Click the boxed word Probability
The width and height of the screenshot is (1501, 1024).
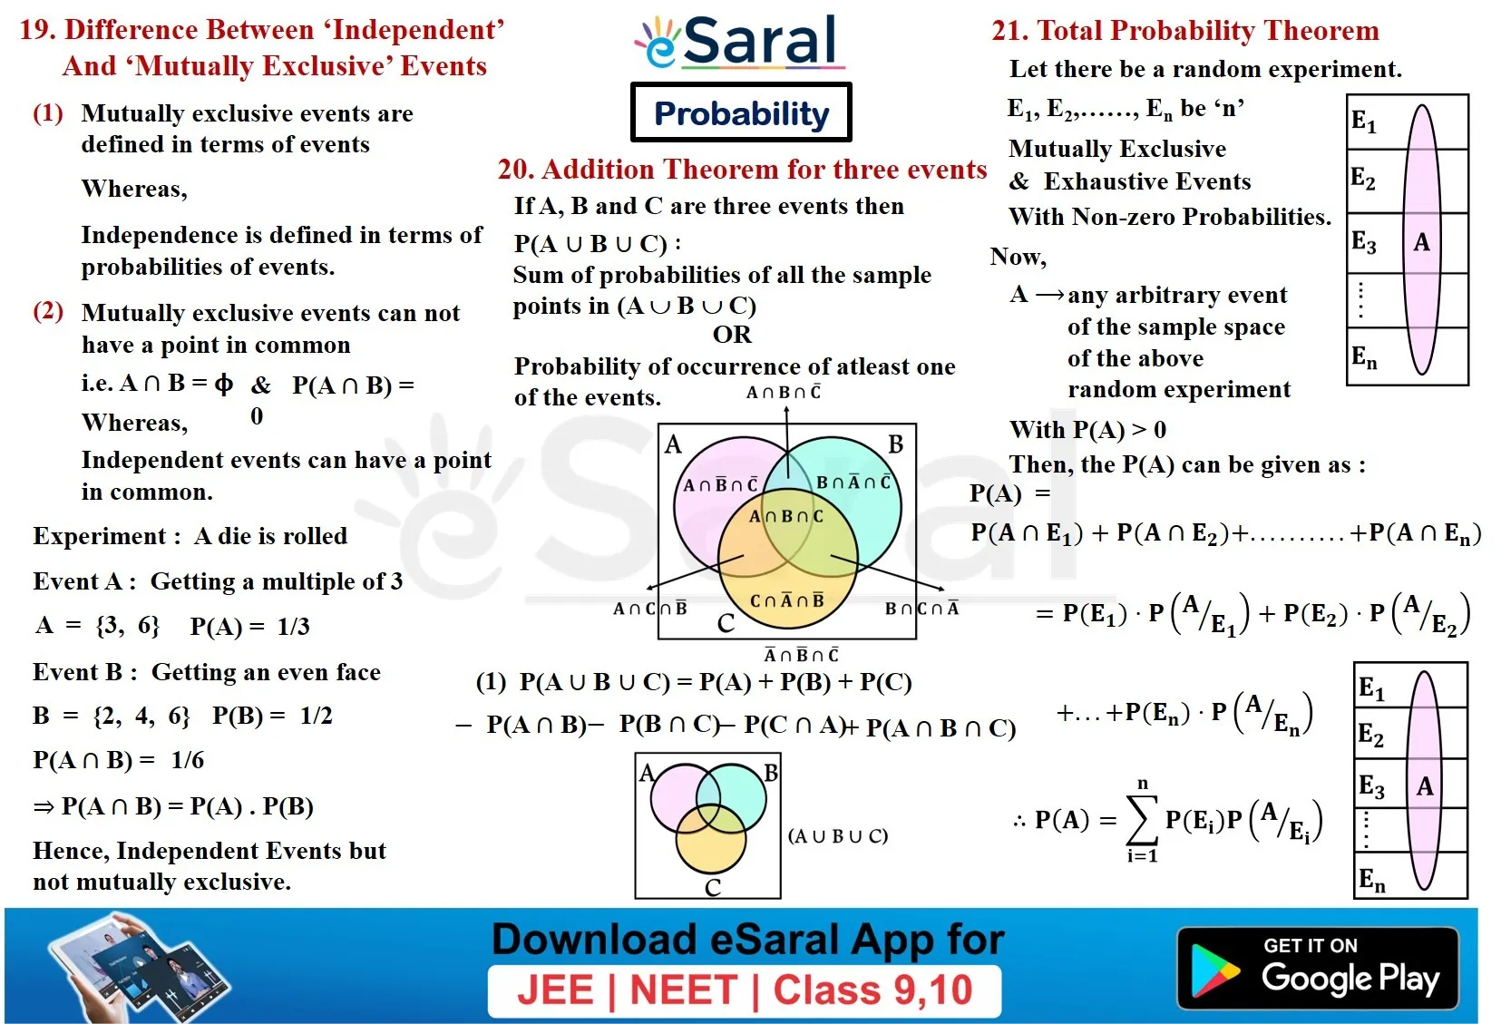741,112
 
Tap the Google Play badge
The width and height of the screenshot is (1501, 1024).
1318,967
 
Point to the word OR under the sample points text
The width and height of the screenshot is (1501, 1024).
732,334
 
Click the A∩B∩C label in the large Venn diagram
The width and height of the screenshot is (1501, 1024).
786,516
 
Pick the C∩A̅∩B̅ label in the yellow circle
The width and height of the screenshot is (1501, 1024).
786,600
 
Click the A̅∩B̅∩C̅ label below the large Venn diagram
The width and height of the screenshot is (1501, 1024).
802,654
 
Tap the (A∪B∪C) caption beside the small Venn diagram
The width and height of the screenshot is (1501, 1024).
838,835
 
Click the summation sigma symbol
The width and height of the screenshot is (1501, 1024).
1142,819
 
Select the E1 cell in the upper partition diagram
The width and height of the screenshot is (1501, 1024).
1363,122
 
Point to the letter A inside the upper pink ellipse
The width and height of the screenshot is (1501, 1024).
1421,242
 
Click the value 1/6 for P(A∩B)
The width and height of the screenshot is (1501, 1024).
187,760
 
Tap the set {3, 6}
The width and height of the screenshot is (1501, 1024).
127,625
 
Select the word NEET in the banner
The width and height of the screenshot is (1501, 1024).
684,990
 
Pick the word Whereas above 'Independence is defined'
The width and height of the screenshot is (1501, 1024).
134,189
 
